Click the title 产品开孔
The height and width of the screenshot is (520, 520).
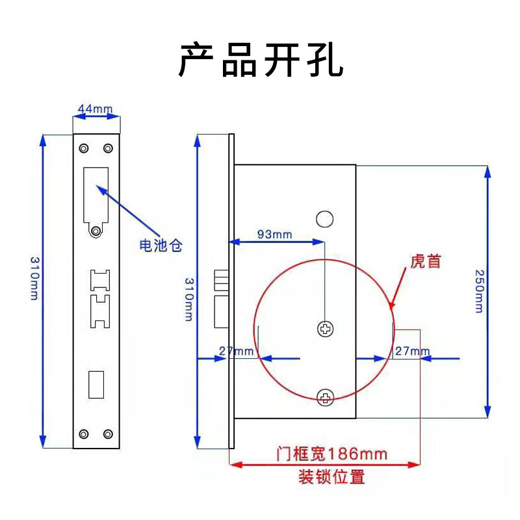pos(260,60)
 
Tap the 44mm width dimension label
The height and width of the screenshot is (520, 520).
pos(95,107)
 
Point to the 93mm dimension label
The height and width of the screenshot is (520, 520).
pos(274,233)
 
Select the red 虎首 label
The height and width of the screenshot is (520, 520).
pos(426,261)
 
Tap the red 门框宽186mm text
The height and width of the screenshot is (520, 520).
pos(331,453)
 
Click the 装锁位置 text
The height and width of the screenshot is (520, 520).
pos(331,477)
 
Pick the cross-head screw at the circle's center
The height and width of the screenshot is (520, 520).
pos(325,330)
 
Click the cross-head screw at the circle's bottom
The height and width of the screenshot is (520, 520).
pos(325,396)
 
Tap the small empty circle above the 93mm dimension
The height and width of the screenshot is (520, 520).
pos(325,218)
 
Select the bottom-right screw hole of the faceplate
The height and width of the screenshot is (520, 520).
pos(108,434)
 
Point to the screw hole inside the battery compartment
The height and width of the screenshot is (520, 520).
pos(96,230)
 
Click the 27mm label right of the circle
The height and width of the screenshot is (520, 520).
pos(411,352)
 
